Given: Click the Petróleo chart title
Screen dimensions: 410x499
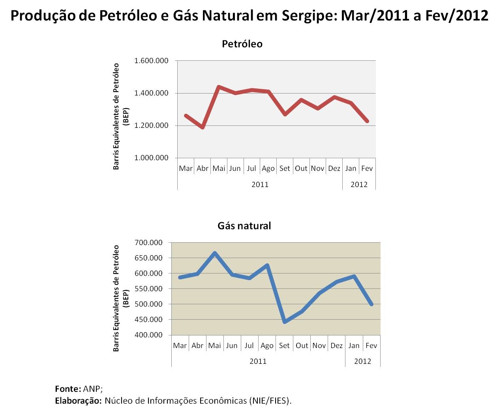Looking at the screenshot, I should [242, 44].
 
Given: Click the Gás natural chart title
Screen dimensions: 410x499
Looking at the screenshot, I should [244, 226].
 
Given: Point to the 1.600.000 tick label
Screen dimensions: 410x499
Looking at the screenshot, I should [151, 61].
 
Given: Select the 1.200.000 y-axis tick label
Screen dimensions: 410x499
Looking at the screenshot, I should [151, 125].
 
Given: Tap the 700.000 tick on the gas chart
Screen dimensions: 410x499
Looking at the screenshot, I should [148, 242].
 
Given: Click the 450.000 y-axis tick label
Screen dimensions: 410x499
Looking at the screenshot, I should [148, 320].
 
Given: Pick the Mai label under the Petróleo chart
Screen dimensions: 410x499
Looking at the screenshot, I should [219, 168].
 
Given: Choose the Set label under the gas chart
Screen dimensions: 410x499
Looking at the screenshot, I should [284, 346].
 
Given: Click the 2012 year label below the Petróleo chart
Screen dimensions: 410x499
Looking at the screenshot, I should [359, 184].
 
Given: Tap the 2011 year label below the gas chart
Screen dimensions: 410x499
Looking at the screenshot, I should [258, 361].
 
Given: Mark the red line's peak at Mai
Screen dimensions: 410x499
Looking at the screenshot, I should [219, 86].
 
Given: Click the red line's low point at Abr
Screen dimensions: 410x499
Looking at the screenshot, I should [203, 127].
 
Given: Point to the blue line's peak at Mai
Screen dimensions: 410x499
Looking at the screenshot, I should [215, 253].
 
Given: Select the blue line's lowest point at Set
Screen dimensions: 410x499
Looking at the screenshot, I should [284, 322].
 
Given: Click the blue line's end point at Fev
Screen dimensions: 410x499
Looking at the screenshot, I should [371, 304].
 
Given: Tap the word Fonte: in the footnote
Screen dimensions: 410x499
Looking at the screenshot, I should [68, 389].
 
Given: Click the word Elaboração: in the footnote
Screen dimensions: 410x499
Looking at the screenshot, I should [78, 401].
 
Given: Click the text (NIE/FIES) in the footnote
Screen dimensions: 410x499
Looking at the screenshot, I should [270, 401].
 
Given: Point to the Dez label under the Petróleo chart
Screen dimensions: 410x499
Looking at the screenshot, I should [334, 168].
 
